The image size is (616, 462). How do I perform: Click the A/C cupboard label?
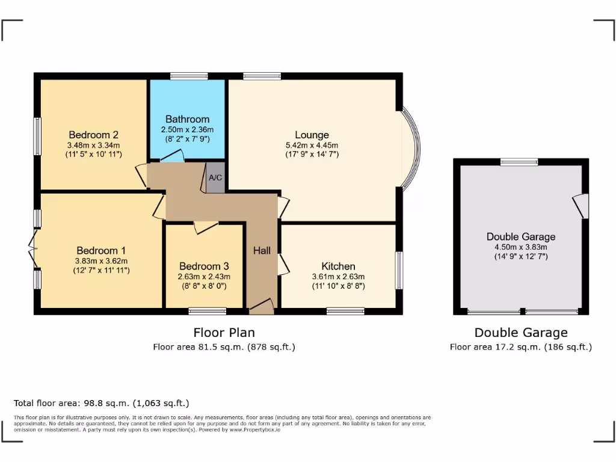[215, 178]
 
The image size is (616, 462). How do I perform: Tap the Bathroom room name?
[188, 119]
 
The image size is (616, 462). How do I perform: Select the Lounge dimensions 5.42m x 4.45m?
[312, 145]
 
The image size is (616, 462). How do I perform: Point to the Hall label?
[261, 251]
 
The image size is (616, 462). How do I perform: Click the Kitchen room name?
[338, 266]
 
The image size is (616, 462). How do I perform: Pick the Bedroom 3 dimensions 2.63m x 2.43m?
[204, 277]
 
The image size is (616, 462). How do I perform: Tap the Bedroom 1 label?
[101, 251]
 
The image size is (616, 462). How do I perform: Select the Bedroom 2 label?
[93, 135]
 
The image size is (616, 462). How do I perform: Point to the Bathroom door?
[172, 156]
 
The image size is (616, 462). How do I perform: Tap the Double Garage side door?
[580, 206]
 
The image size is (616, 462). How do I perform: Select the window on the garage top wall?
[519, 161]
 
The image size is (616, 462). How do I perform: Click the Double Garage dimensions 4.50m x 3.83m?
[521, 247]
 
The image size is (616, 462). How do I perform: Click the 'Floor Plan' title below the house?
[224, 332]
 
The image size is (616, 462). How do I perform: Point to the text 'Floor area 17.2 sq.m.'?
[496, 347]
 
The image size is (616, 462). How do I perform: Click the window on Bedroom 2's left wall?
[37, 136]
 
